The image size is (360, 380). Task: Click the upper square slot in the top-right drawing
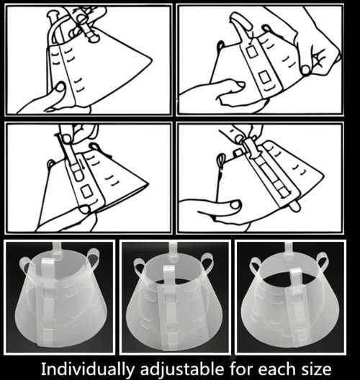click(x=253, y=52)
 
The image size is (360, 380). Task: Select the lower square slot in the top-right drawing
click(x=265, y=77)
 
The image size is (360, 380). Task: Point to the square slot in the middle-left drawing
click(x=86, y=191)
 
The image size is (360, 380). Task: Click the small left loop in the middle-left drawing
click(x=51, y=163)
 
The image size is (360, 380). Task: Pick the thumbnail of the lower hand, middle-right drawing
click(x=235, y=205)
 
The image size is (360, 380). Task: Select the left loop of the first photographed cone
click(x=26, y=265)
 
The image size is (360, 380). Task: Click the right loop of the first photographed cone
click(x=94, y=258)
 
